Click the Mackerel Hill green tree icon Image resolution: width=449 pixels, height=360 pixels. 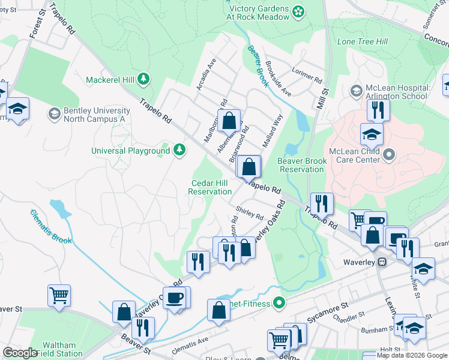coord(143,79)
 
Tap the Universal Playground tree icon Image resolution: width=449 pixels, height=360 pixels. coord(179,150)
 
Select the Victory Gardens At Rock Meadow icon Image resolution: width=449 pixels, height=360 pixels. coord(298,11)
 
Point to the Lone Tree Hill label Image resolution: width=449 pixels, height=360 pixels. coord(363,41)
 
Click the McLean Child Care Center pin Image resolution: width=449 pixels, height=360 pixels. coord(389,155)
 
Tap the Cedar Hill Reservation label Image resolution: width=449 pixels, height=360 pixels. coord(210,187)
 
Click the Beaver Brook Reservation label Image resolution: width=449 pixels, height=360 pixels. coord(302,165)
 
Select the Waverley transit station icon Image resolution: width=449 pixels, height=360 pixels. coord(381,262)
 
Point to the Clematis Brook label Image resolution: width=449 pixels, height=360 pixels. coord(52,227)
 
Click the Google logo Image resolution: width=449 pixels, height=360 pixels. coord(20,353)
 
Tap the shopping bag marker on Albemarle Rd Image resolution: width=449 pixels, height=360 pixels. coord(229,121)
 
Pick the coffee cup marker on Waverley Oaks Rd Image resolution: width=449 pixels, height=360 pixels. coord(175,298)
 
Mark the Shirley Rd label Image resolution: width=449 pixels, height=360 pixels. coord(250,212)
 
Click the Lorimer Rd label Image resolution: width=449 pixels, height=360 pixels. coord(307,74)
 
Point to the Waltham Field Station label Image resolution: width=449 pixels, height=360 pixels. coord(59,349)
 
